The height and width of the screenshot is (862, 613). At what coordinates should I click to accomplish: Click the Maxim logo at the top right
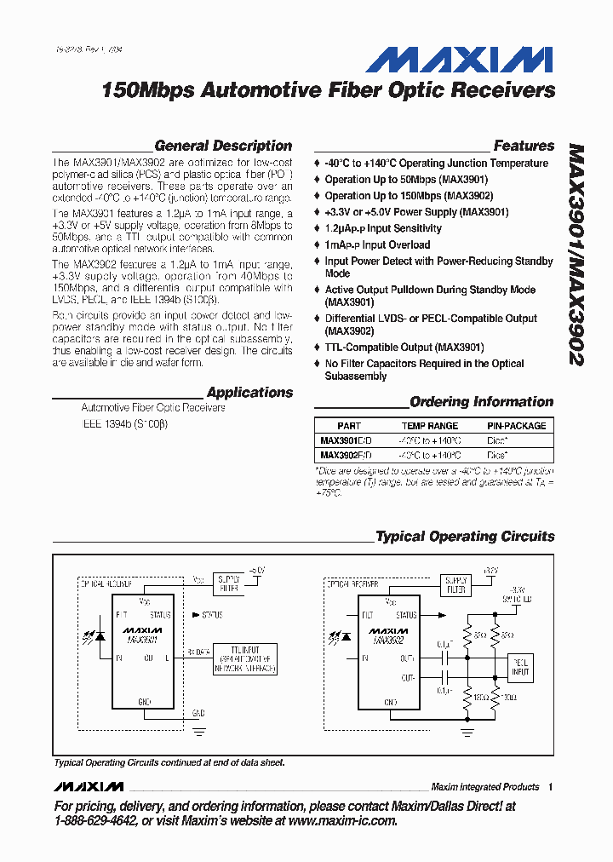click(x=460, y=60)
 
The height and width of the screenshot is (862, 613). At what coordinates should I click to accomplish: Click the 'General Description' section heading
click(x=223, y=146)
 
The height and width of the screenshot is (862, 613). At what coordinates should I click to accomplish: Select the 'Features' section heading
click(x=524, y=146)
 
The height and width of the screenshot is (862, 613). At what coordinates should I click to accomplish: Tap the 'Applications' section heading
click(x=249, y=393)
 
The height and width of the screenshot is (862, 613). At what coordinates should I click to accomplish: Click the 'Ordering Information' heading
click(x=481, y=402)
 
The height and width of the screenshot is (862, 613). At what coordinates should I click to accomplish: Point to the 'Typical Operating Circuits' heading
click(x=465, y=537)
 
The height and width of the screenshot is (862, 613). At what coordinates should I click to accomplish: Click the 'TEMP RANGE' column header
click(x=430, y=426)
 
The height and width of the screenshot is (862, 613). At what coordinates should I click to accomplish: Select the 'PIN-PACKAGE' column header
click(x=517, y=426)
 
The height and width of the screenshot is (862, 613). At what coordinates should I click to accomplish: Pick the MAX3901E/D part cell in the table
click(x=346, y=440)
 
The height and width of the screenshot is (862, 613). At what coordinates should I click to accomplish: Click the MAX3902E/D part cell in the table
click(x=346, y=455)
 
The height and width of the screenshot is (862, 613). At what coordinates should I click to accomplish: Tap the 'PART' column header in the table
click(x=349, y=426)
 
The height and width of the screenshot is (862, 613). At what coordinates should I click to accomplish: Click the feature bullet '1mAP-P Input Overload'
click(x=377, y=245)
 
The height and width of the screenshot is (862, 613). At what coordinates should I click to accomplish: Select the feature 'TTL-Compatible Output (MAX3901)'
click(x=404, y=348)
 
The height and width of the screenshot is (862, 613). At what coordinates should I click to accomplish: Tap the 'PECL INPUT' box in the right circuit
click(x=519, y=666)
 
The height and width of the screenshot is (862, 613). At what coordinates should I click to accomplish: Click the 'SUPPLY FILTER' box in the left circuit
click(x=227, y=583)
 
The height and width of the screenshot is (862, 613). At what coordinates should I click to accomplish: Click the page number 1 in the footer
click(x=551, y=787)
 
